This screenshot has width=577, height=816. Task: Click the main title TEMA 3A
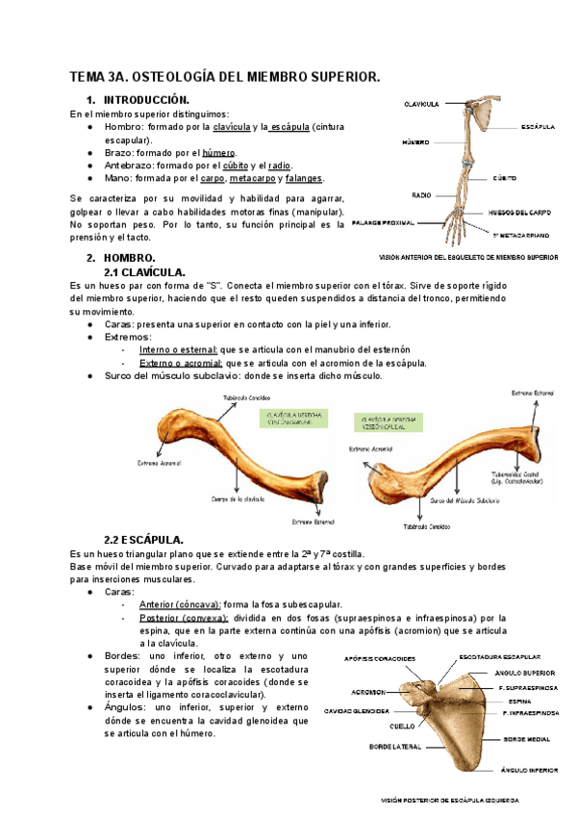click(225, 76)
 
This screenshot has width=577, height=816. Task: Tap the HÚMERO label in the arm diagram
click(414, 141)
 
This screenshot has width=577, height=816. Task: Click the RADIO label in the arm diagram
click(421, 195)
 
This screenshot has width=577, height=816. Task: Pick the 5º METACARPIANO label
click(521, 234)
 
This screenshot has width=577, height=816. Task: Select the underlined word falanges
click(303, 178)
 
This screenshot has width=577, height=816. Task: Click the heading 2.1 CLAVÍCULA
click(144, 272)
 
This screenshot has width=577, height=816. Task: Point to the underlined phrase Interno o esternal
click(179, 349)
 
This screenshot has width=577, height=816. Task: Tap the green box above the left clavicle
click(288, 418)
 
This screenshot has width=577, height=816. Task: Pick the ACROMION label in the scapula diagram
click(368, 692)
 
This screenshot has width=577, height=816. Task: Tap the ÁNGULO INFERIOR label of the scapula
click(528, 770)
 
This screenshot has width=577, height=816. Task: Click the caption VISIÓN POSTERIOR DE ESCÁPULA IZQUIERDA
click(450, 800)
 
